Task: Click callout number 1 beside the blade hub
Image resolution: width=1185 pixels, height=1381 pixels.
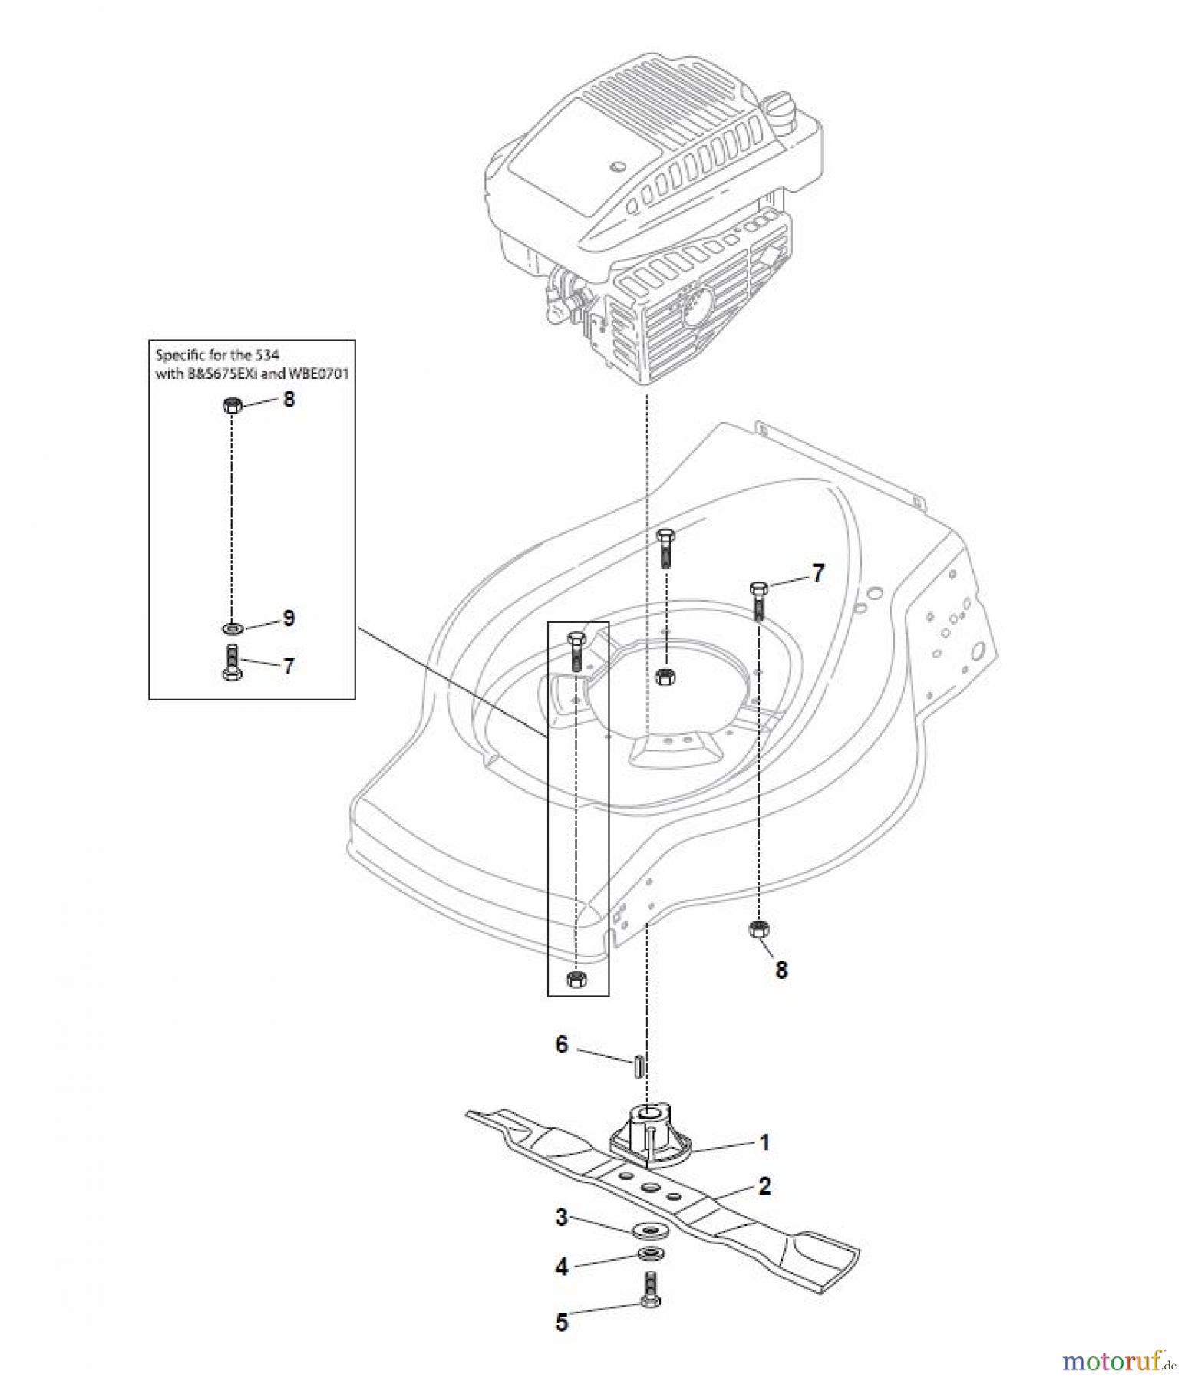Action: (764, 1142)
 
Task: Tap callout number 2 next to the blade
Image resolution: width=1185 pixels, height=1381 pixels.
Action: (764, 1186)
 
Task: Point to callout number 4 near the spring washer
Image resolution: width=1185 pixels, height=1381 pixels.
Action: (562, 1267)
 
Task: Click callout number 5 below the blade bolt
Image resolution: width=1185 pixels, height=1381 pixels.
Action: (562, 1323)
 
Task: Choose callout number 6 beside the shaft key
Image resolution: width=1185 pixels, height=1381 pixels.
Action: (562, 1044)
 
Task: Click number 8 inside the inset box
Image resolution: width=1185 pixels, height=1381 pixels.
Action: (289, 399)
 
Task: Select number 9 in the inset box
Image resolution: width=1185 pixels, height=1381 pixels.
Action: (289, 618)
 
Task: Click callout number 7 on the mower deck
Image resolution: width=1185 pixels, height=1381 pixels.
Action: (818, 573)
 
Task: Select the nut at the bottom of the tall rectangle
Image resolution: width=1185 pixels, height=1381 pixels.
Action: (576, 978)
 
